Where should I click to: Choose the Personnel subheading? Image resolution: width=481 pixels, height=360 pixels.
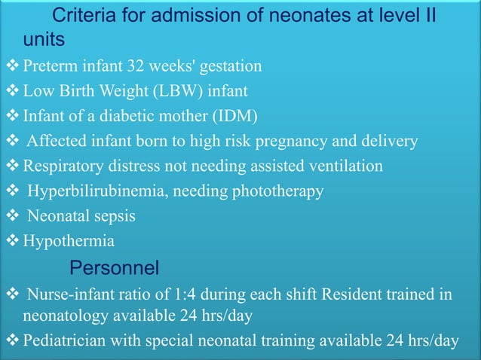(114, 267)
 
